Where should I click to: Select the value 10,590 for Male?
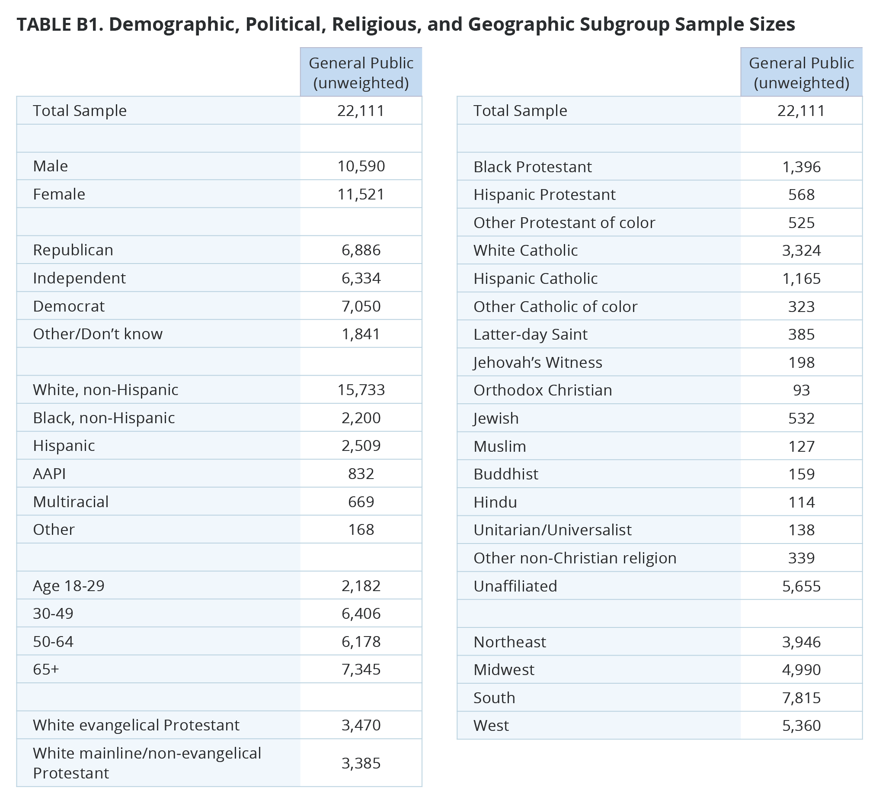(361, 166)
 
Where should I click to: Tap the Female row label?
(59, 194)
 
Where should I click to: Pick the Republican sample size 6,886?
(361, 250)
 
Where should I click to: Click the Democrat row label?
(69, 306)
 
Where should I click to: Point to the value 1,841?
(361, 334)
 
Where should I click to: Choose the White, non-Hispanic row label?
(106, 389)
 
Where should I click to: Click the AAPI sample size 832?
(361, 473)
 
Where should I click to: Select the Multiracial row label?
(70, 502)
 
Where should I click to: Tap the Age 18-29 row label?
(69, 586)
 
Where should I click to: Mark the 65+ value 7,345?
(361, 669)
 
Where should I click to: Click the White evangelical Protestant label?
(136, 725)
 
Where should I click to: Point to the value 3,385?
(361, 763)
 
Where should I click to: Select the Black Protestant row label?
(532, 167)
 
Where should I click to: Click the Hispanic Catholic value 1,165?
(801, 279)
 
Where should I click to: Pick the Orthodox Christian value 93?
(801, 390)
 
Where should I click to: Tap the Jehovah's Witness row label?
(537, 362)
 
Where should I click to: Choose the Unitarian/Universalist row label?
(552, 530)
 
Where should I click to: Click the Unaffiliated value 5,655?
(801, 586)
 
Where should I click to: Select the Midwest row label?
(504, 670)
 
